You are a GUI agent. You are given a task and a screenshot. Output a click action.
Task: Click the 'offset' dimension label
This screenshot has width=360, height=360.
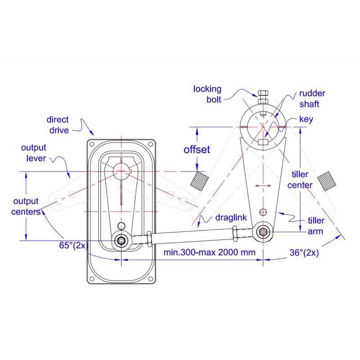tap(197, 149)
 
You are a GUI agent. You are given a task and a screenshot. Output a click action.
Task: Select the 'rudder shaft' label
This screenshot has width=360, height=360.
tap(312, 99)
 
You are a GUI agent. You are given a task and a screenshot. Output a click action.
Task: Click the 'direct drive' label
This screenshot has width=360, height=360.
tap(58, 125)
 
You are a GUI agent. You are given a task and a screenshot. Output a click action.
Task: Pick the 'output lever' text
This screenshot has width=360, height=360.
tap(33, 153)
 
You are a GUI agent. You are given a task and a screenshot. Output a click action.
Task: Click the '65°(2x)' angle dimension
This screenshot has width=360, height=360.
tap(72, 246)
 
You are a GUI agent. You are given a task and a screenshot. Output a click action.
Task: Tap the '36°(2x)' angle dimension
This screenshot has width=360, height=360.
tap(304, 253)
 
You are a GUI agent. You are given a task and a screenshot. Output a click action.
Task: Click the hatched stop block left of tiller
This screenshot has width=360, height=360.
tap(199, 180)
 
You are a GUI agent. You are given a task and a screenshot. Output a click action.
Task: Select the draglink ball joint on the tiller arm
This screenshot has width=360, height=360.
tap(262, 232)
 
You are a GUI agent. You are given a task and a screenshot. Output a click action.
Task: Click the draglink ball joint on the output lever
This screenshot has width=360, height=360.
tap(121, 240)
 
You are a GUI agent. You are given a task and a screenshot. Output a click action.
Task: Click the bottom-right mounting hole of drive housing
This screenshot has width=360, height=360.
tap(151, 279)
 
